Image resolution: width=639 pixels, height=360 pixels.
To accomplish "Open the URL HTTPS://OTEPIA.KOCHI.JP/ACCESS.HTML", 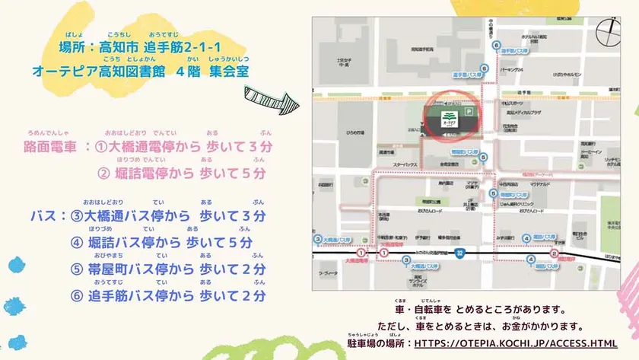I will click(x=515, y=343).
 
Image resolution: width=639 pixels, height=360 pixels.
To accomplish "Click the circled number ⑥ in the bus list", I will click(x=76, y=296).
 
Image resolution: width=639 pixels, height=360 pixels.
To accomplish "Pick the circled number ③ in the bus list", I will click(x=76, y=216).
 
